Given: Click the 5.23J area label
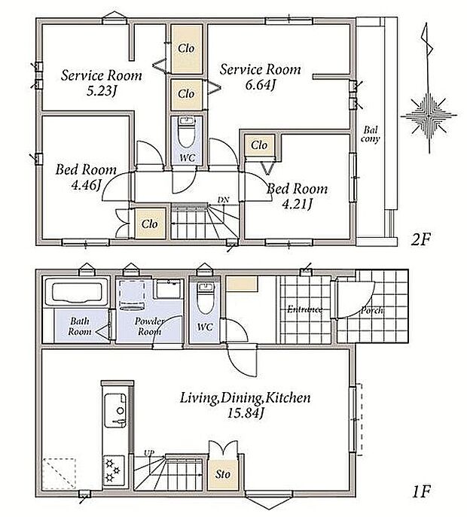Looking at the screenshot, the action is [102, 90].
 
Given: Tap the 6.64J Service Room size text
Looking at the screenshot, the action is [261, 85].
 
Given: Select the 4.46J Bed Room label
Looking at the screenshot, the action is [86, 185].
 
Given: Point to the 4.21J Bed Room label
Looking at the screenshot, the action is [297, 205].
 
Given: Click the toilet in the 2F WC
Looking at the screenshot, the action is [187, 132].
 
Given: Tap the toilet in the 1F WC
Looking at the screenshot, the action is [206, 298].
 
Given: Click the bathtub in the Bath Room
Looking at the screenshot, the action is [77, 290].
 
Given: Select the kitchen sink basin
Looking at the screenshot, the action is [115, 410].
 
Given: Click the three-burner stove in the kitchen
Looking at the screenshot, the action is [114, 470].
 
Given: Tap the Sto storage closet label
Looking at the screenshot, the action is [223, 474].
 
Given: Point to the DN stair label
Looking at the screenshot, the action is [223, 200].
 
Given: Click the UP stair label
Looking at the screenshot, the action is [149, 453].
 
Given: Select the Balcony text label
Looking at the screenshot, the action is [370, 134].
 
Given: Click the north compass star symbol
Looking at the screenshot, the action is [429, 116].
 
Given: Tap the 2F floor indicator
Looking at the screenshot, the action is [421, 240].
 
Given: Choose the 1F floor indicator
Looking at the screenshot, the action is [422, 492].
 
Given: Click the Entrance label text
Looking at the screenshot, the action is [304, 309].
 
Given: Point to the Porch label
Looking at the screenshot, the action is [372, 310].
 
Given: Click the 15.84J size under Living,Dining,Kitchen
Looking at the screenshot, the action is [246, 413].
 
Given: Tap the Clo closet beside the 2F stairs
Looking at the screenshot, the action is [149, 224].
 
